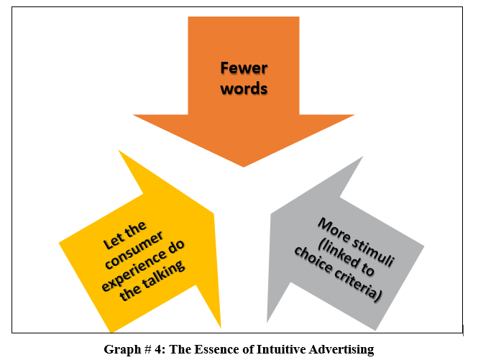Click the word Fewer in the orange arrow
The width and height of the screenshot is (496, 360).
[x=244, y=68]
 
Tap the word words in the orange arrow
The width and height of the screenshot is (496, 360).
[x=244, y=88]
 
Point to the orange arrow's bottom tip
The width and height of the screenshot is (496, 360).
[x=244, y=167]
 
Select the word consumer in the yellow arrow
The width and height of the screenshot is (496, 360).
[x=134, y=250]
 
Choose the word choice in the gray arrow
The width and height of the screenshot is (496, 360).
[x=313, y=260]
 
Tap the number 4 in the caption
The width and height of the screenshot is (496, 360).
[x=158, y=349]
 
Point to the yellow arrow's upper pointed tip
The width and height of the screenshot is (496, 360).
[x=118, y=149]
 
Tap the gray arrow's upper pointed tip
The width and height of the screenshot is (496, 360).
[x=363, y=156]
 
